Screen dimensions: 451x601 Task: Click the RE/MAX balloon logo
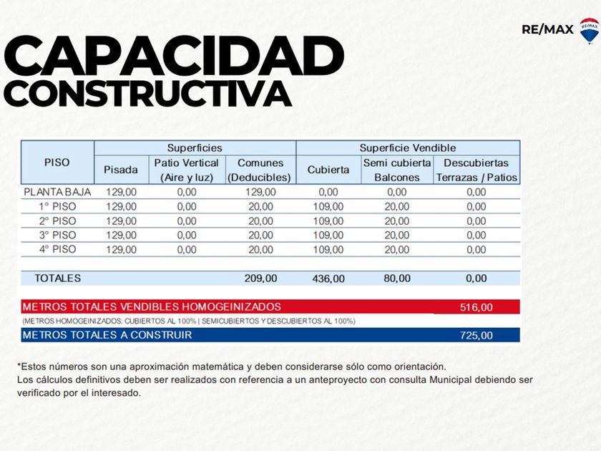(589, 31)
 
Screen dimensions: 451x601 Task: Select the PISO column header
(57, 163)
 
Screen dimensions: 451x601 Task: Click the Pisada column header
(121, 170)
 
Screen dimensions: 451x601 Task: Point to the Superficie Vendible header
(407, 147)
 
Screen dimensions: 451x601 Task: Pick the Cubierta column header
(328, 170)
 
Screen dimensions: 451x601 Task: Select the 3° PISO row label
(57, 235)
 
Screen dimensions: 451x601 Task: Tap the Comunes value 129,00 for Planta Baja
(260, 192)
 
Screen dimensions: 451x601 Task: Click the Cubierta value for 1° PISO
(328, 206)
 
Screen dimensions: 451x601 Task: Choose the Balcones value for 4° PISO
(397, 249)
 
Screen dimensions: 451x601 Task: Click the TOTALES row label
(58, 278)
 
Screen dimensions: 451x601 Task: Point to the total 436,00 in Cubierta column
(328, 278)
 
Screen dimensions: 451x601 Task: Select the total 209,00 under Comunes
(260, 278)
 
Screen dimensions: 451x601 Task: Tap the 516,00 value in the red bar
(476, 307)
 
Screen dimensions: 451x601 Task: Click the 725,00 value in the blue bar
(476, 335)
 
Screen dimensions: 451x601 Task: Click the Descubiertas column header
(476, 163)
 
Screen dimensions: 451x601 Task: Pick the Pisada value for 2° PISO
(121, 220)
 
